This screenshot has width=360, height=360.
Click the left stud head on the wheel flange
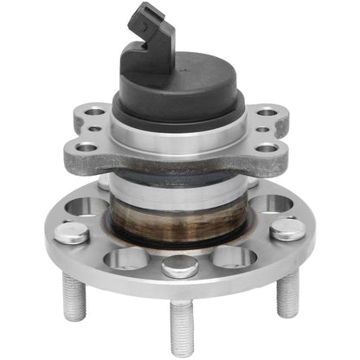[73, 232]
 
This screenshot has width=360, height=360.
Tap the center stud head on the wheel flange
[180, 266]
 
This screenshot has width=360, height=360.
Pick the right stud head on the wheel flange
[286, 229]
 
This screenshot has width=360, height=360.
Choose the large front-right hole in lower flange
[235, 257]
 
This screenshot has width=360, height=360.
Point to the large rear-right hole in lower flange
[270, 204]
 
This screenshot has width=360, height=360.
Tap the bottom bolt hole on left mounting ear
[87, 147]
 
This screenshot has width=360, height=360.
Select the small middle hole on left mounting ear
[93, 130]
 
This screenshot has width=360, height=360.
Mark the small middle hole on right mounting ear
[262, 130]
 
